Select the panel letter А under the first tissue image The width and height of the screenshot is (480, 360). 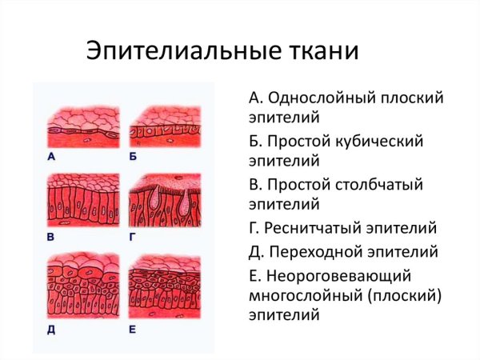click(x=51, y=158)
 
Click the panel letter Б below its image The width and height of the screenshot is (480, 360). click(x=133, y=158)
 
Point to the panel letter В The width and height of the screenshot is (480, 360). click(x=51, y=238)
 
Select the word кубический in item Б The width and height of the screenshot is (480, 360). click(x=379, y=142)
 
